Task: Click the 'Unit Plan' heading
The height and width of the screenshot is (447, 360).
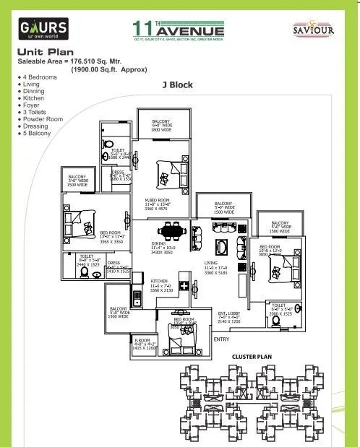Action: (x=43, y=53)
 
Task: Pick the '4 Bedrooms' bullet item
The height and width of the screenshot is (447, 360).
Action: (x=40, y=76)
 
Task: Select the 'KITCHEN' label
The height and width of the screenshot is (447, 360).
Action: (x=159, y=281)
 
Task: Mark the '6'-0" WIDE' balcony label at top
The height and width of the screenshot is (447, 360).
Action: (x=160, y=126)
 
